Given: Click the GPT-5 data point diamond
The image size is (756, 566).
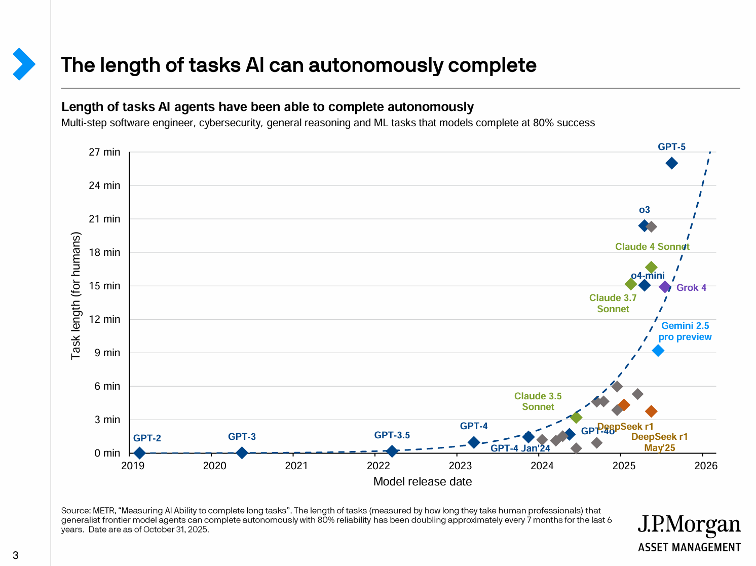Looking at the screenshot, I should click(671, 163).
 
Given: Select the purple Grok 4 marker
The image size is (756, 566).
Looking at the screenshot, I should click(665, 287).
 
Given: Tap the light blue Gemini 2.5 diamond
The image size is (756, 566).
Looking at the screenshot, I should click(658, 351).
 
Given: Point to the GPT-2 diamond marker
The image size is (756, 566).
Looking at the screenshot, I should click(139, 453).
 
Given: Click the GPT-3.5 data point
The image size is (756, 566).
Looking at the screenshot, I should click(392, 451).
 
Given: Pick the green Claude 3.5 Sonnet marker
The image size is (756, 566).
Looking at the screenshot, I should click(576, 418).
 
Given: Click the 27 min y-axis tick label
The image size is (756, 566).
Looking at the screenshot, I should click(104, 152).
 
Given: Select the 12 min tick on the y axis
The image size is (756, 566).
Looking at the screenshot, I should click(104, 319).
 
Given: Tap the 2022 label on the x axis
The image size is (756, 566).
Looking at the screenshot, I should click(378, 466).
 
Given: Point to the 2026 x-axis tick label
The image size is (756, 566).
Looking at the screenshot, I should click(706, 466).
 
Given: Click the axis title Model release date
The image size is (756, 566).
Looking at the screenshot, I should click(423, 482).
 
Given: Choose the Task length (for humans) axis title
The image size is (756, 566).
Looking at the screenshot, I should click(76, 296).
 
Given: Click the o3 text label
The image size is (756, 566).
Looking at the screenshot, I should click(644, 210).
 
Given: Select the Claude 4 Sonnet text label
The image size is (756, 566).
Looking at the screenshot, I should click(652, 247).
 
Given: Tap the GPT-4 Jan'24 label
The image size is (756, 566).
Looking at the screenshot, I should click(520, 448).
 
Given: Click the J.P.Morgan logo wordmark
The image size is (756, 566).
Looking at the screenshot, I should click(689, 525).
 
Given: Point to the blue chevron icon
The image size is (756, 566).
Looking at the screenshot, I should click(23, 64).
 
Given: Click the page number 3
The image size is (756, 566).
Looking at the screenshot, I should click(15, 555).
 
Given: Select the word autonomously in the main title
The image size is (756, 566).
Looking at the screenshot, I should click(375, 65).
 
